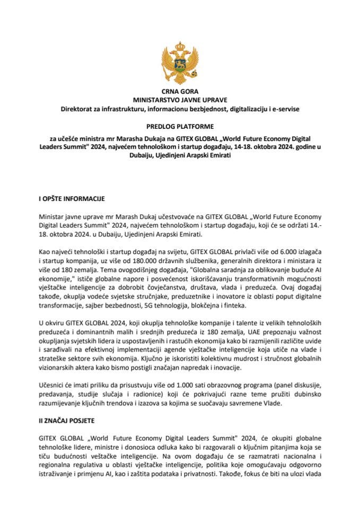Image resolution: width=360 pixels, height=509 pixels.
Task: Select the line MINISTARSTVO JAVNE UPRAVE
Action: pyautogui.click(x=180, y=100)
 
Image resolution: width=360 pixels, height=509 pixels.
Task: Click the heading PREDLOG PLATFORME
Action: pyautogui.click(x=180, y=126)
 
